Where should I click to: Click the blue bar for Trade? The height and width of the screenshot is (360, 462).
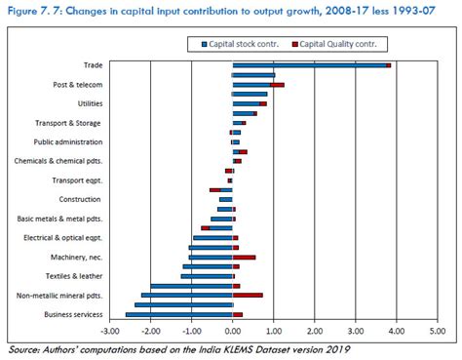(309, 65)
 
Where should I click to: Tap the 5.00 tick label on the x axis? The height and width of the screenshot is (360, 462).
(436, 333)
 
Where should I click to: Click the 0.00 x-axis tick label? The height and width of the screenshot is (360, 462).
(233, 333)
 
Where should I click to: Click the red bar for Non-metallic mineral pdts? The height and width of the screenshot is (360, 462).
(248, 295)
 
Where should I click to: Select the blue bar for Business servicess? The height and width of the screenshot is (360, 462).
(178, 314)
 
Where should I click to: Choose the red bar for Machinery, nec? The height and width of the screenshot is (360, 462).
(244, 258)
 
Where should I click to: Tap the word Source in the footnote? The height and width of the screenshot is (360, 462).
(25, 349)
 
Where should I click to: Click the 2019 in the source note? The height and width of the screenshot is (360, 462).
(333, 349)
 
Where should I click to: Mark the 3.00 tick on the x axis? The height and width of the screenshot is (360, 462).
(355, 333)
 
